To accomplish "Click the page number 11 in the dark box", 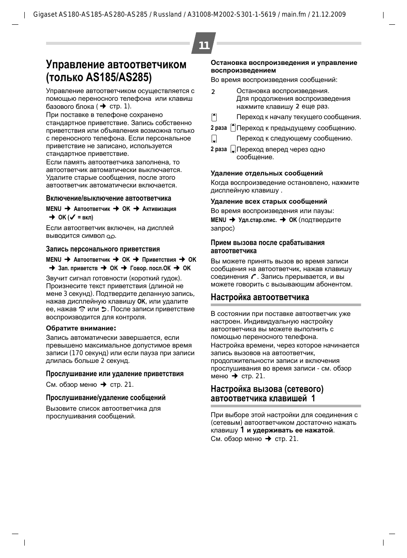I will [x=204, y=45].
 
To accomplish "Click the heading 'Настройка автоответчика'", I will [x=260, y=297].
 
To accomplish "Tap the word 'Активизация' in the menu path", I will [x=159, y=209].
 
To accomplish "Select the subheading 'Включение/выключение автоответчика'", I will [x=108, y=199].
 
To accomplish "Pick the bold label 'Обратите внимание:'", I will [x=81, y=328].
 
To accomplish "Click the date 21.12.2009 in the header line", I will [x=329, y=15].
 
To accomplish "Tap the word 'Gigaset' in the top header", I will [x=44, y=15].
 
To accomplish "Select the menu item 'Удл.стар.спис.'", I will [x=258, y=220].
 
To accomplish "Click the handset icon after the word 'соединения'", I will [x=254, y=277].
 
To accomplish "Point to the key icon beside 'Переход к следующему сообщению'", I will [x=214, y=139].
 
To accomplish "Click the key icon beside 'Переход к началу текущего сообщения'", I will [x=214, y=117].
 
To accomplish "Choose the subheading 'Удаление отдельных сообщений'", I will [x=267, y=173].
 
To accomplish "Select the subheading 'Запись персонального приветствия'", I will [x=103, y=249].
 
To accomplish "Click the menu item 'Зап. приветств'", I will [x=78, y=269].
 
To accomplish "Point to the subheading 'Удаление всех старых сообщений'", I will [x=269, y=202].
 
